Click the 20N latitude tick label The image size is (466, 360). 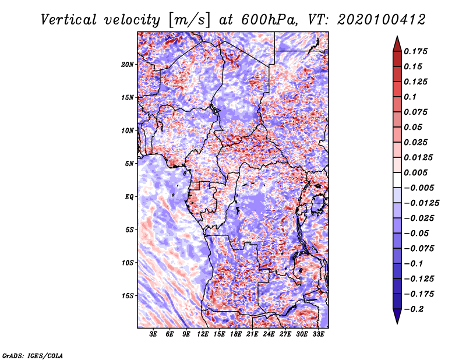click(x=128, y=65)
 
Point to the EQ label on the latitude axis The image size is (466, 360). click(x=129, y=197)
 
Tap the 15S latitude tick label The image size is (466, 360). click(x=128, y=296)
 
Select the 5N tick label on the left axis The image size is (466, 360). click(x=129, y=164)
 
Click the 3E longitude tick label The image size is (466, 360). click(x=153, y=334)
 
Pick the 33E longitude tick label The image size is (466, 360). click(x=318, y=334)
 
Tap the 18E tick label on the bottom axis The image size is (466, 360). click(x=236, y=334)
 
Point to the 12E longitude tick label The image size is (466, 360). click(x=203, y=334)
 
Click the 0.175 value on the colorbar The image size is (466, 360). click(x=415, y=51)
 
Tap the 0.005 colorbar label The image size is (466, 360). click(x=415, y=172)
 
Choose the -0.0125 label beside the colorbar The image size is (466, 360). click(x=421, y=203)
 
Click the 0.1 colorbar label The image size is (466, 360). click(x=410, y=97)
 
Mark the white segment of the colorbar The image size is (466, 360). click(x=397, y=180)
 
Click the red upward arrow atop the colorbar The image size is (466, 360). click(x=397, y=44)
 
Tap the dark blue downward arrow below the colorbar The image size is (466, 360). click(x=397, y=316)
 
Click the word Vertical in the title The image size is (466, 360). click(x=69, y=20)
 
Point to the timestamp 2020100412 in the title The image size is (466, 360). click(x=382, y=20)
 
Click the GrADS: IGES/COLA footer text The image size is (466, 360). click(x=33, y=355)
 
